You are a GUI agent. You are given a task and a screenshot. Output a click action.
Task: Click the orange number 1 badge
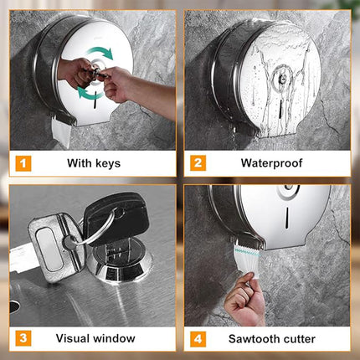click(23, 163)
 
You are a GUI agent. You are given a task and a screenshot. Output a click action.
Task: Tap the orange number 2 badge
click(198, 163)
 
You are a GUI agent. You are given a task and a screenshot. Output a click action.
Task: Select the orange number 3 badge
click(23, 338)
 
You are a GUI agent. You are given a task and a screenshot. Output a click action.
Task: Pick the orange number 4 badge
click(198, 339)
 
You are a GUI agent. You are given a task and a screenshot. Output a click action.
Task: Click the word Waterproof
click(271, 163)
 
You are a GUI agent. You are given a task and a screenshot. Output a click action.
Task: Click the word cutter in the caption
click(300, 339)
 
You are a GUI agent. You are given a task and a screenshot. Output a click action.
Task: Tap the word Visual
click(73, 338)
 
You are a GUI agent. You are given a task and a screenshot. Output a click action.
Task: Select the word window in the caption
click(115, 338)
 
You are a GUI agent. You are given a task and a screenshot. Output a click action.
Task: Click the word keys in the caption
click(108, 163)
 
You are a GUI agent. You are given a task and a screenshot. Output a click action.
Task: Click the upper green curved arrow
click(100, 52)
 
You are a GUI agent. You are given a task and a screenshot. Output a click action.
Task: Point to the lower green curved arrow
click(89, 93)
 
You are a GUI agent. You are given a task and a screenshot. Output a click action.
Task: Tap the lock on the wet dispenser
click(282, 79)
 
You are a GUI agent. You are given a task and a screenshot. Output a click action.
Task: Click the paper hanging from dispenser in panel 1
click(61, 131)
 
